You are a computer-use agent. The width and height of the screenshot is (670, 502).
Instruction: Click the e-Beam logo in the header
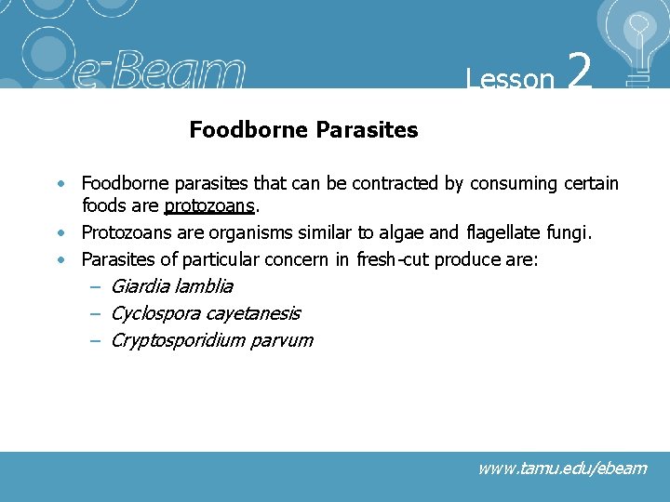pyautogui.click(x=158, y=71)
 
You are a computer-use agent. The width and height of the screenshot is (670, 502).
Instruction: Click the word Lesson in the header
pyautogui.click(x=510, y=79)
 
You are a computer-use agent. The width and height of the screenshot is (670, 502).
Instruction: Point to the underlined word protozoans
pyautogui.click(x=208, y=205)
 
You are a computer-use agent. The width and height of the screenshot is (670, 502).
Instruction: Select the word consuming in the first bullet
pyautogui.click(x=514, y=183)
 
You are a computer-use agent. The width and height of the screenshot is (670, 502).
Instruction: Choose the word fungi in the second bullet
pyautogui.click(x=569, y=231)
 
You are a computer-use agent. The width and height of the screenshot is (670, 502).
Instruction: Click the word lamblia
pyautogui.click(x=203, y=286)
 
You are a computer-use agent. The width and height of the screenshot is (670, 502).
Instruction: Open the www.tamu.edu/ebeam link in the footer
pyautogui.click(x=561, y=468)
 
